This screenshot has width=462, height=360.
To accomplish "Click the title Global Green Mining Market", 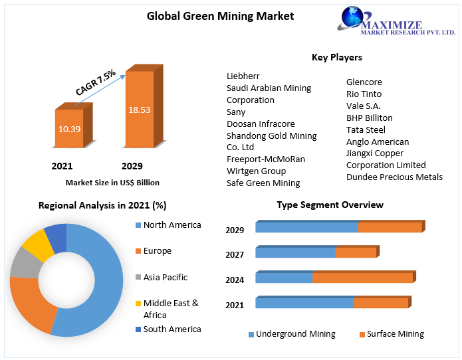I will pos(220,16).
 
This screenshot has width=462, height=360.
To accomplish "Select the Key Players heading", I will pos(336,58).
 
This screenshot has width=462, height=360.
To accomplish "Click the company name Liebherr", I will pos(243,76).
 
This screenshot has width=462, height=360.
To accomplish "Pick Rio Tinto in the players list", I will pos(364,94).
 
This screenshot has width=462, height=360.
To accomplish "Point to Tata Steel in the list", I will pos(366,130).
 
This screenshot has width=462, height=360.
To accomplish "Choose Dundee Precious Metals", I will pos(394,177).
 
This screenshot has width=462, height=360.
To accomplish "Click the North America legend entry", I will pos(172,225).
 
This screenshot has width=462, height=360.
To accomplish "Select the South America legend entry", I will pos(172,329).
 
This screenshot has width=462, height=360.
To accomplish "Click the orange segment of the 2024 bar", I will pos(362,278).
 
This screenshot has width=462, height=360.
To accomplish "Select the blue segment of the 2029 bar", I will pos(306,227).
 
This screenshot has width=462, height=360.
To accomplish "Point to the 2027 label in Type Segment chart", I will pos(235,254).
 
